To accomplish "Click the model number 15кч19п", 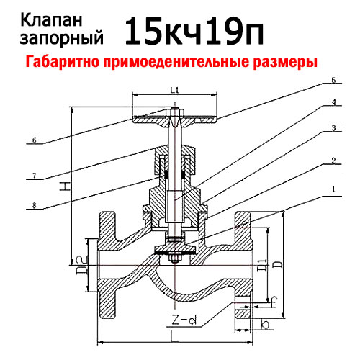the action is pyautogui.click(x=194, y=31).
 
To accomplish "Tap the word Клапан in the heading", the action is pyautogui.click(x=51, y=21).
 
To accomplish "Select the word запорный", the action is pyautogui.click(x=62, y=38).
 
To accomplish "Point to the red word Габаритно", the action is pyautogui.click(x=63, y=61).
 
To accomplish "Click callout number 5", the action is pyautogui.click(x=333, y=80).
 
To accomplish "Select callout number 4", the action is pyautogui.click(x=333, y=102).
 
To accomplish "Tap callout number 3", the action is pyautogui.click(x=333, y=128).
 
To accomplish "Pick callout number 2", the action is pyautogui.click(x=333, y=161).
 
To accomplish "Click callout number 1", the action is pyautogui.click(x=333, y=189).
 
